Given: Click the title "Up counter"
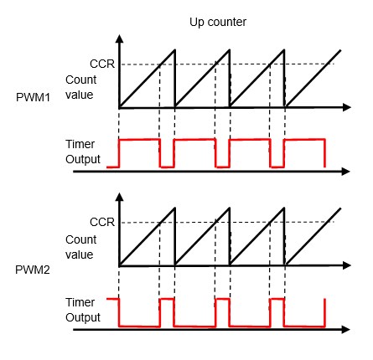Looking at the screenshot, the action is [218, 23].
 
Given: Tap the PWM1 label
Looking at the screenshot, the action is [33, 97].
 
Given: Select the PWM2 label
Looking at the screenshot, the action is [33, 270].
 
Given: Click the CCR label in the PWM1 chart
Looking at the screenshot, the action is [102, 64].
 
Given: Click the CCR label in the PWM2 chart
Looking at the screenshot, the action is [102, 222].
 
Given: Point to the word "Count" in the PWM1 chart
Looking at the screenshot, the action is [81, 80].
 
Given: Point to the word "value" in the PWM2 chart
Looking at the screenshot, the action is [80, 255].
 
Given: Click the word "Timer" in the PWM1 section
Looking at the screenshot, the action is [80, 144].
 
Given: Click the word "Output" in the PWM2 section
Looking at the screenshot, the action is [83, 317].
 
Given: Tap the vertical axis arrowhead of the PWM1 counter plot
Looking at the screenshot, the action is [120, 39].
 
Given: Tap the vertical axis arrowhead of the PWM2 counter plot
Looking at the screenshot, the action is [120, 197].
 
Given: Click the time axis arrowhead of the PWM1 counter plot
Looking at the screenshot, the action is [347, 107].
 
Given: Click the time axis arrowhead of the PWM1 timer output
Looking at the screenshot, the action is [346, 172].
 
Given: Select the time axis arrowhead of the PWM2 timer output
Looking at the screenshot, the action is [346, 330].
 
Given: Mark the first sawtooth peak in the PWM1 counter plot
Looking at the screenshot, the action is [175, 50].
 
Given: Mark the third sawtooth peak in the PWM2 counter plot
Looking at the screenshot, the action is [284, 208].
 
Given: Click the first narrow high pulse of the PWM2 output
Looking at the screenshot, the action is [167, 299].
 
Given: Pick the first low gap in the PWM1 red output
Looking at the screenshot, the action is [167, 167].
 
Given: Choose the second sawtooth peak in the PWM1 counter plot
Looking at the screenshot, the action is [230, 50].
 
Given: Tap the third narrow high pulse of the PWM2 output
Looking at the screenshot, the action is [277, 299].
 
